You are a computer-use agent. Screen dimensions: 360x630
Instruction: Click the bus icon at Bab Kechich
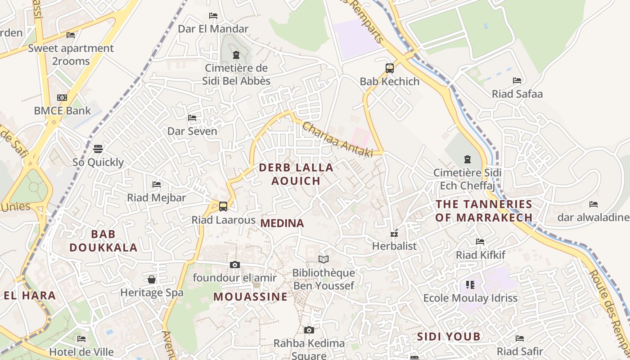pos(390,68)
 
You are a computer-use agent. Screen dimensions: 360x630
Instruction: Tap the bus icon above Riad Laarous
pos(223,207)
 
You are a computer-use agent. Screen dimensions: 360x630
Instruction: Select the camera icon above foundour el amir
pos(235,265)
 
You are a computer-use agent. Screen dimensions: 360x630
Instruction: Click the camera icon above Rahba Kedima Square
pos(309,330)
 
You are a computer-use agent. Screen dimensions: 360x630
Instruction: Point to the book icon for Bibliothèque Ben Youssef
pos(324,259)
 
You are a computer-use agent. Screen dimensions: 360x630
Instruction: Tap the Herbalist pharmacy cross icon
pos(394,234)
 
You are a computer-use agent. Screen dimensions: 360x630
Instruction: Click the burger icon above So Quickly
pos(98,149)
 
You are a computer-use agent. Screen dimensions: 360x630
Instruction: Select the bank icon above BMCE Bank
pos(62,98)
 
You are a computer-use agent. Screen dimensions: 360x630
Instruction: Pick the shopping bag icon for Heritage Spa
pos(152,279)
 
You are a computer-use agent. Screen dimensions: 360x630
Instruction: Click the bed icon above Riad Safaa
pos(517,81)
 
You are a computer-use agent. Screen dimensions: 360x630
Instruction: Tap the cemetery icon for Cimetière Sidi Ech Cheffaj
pos(467,159)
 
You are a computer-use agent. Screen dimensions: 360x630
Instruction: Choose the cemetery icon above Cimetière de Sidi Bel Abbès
pos(236,55)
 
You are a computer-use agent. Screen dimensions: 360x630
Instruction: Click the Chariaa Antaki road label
pos(338,140)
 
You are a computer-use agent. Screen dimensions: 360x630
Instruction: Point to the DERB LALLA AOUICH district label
pos(296,174)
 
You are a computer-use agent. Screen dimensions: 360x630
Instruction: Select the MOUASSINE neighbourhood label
pos(250,297)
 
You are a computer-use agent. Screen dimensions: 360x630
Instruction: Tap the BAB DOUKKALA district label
pos(103,241)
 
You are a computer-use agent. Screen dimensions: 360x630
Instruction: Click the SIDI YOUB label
pos(449,337)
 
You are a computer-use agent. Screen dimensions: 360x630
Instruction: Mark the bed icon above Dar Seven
pos(192,118)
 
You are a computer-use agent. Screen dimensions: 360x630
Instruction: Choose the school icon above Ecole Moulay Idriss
pos(470,284)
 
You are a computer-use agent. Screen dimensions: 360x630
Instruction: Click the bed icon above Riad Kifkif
pos(480,242)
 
